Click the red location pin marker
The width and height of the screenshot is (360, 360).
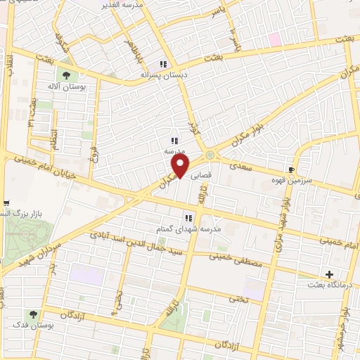tap(181, 166)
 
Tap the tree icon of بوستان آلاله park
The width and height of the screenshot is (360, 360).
tap(66, 74)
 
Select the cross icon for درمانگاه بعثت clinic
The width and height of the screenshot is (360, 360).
tap(328, 274)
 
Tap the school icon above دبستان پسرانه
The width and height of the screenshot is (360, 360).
tap(163, 62)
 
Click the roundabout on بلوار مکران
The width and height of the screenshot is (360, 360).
tap(210, 155)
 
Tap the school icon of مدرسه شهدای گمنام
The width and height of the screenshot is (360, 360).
tap(188, 217)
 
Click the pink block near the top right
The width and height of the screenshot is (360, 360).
tap(274, 39)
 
